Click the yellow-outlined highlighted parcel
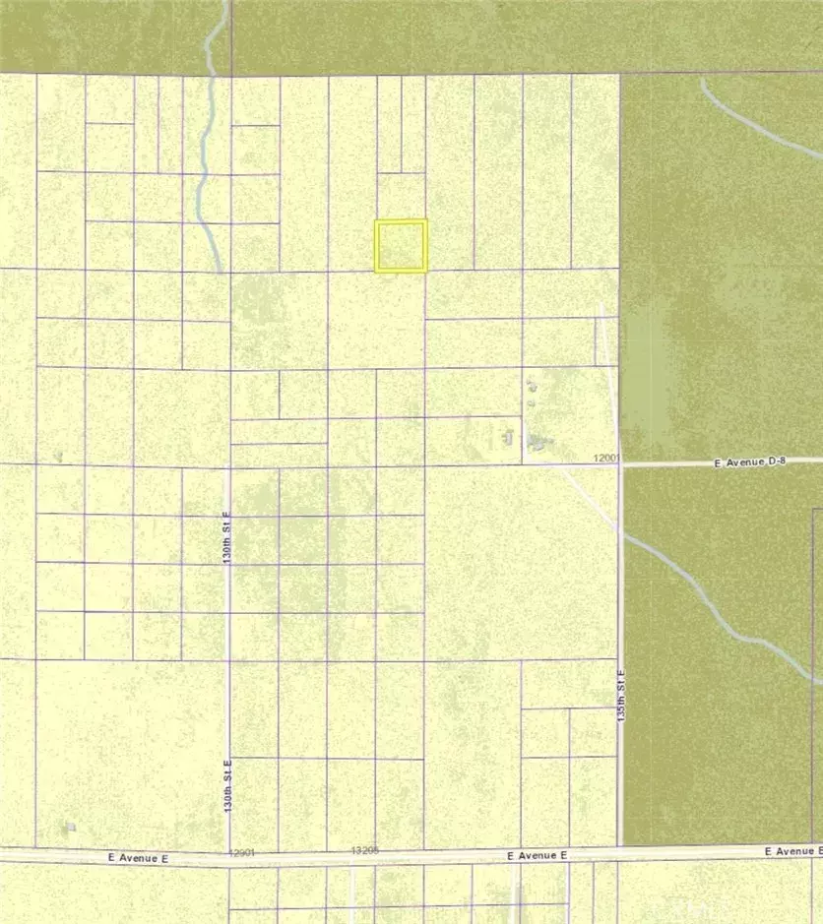pos(401,245)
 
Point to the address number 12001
pos(606,459)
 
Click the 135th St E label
pos(621,697)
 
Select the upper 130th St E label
pos(225,537)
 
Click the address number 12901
pos(242,852)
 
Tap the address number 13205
pos(364,849)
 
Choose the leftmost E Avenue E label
pos(139,858)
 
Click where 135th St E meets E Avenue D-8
pos(621,463)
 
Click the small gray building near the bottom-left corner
pos(70,827)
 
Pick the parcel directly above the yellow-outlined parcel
pos(401,196)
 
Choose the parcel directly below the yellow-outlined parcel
pos(376,320)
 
